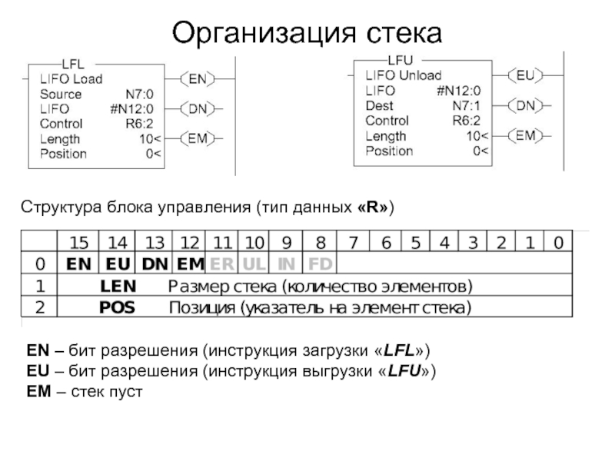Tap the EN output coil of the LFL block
(198, 78)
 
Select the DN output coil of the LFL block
(198, 108)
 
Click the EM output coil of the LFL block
(198, 138)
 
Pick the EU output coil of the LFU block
(525, 75)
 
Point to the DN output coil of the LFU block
(525, 105)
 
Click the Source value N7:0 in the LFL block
(141, 95)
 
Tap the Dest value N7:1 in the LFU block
(466, 106)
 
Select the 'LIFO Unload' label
(404, 76)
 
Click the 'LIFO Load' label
(71, 79)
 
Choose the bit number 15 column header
(79, 244)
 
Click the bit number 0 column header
(558, 244)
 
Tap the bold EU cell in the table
(118, 264)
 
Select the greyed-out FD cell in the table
(320, 264)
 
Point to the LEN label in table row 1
(118, 287)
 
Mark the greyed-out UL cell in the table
(254, 264)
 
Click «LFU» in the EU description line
(401, 371)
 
